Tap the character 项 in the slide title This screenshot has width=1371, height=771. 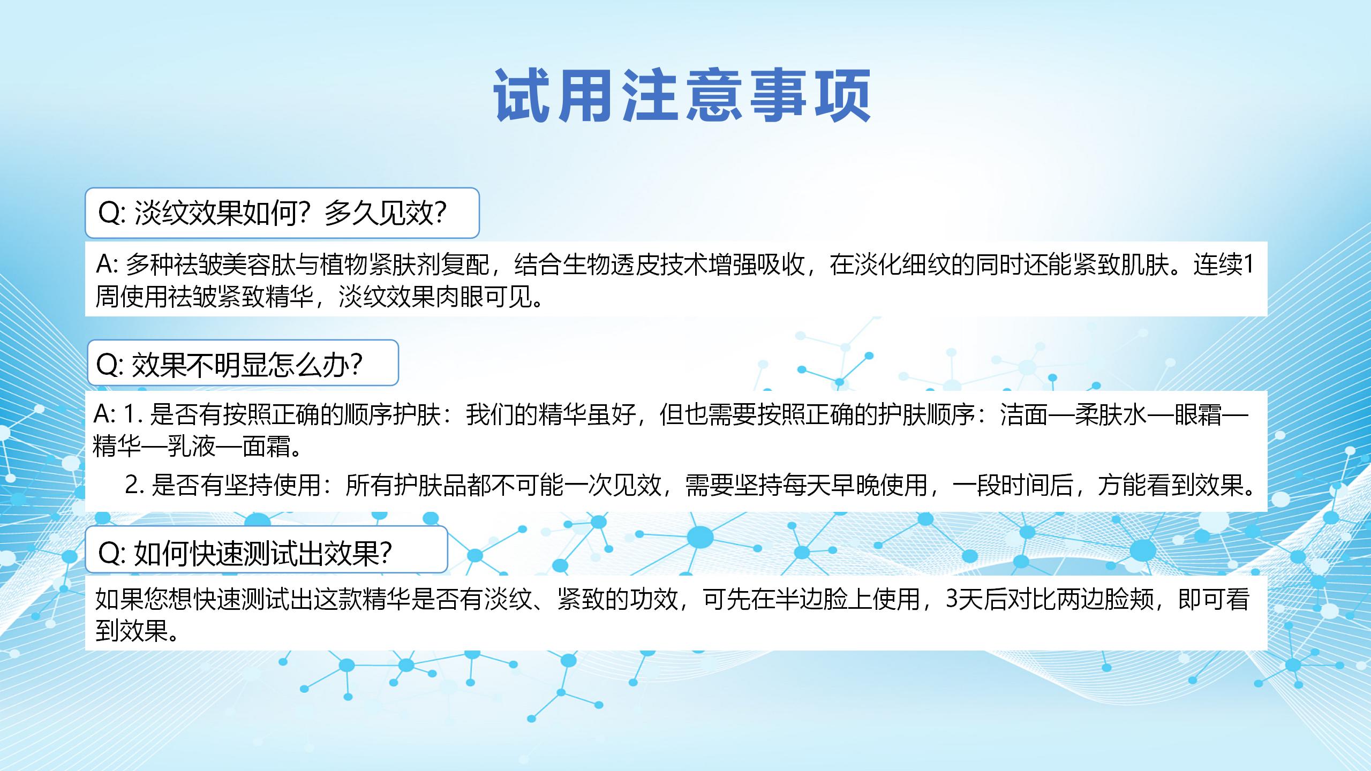(842, 95)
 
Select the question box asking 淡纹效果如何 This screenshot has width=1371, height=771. (282, 213)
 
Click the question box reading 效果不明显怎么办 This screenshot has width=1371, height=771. (243, 363)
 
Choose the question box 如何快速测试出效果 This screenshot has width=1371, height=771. (267, 549)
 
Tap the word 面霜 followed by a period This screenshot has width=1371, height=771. (266, 446)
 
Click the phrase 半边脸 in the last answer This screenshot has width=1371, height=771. (812, 599)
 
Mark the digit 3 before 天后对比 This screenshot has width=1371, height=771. (952, 599)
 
